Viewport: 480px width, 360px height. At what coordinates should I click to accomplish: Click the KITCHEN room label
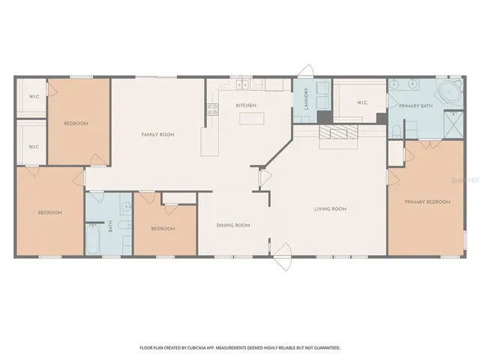[x=246, y=106]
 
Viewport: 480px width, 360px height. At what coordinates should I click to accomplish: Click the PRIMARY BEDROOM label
[x=427, y=202]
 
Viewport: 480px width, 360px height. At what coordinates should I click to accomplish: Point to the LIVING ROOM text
[x=329, y=208]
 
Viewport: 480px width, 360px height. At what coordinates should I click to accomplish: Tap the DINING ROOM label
[x=233, y=225]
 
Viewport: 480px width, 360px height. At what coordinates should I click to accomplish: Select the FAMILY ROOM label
[x=157, y=134]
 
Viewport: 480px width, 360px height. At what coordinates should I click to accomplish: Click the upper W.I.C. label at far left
[x=34, y=95]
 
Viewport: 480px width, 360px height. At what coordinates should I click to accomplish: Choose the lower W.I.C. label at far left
[x=34, y=146]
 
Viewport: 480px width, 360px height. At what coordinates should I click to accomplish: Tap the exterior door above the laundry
[x=305, y=71]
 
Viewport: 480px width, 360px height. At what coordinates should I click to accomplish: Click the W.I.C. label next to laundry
[x=361, y=103]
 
